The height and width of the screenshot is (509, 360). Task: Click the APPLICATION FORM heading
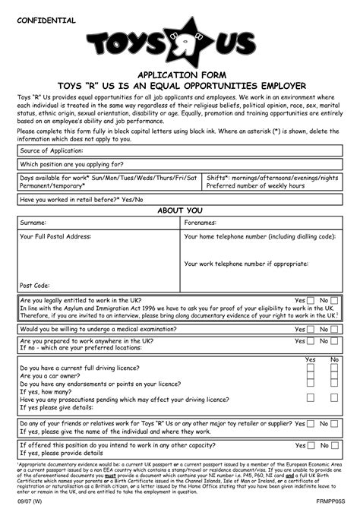179,77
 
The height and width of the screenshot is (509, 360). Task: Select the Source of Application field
179,150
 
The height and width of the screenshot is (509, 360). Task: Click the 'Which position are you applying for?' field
179,164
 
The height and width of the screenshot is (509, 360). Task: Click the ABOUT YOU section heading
179,210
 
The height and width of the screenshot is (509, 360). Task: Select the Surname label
33,224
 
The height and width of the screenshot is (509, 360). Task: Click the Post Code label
36,286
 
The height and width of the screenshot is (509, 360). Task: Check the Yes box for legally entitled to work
310,301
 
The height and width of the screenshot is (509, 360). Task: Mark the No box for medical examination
334,329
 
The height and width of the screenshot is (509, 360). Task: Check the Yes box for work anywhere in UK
310,343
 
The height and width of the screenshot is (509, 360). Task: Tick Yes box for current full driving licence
310,367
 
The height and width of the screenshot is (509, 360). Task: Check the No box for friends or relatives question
334,422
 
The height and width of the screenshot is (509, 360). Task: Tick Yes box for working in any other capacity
310,445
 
